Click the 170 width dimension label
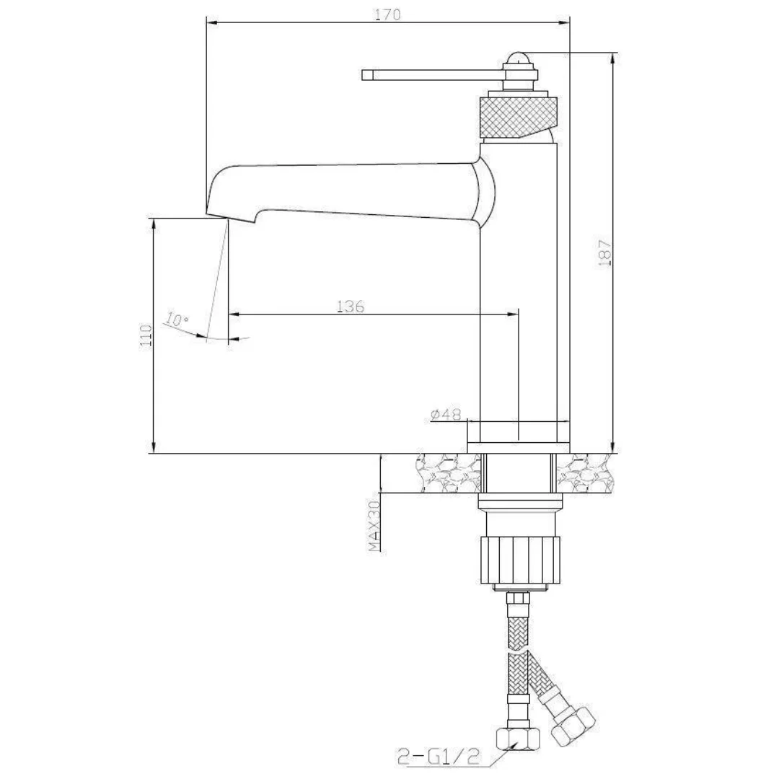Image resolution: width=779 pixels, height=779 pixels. point(387,14)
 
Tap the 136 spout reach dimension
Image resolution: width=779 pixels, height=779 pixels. point(351,306)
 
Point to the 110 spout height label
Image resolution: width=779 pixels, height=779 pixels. point(146,336)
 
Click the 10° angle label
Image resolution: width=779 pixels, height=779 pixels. point(175,320)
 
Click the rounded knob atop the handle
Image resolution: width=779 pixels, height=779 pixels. point(519,60)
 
